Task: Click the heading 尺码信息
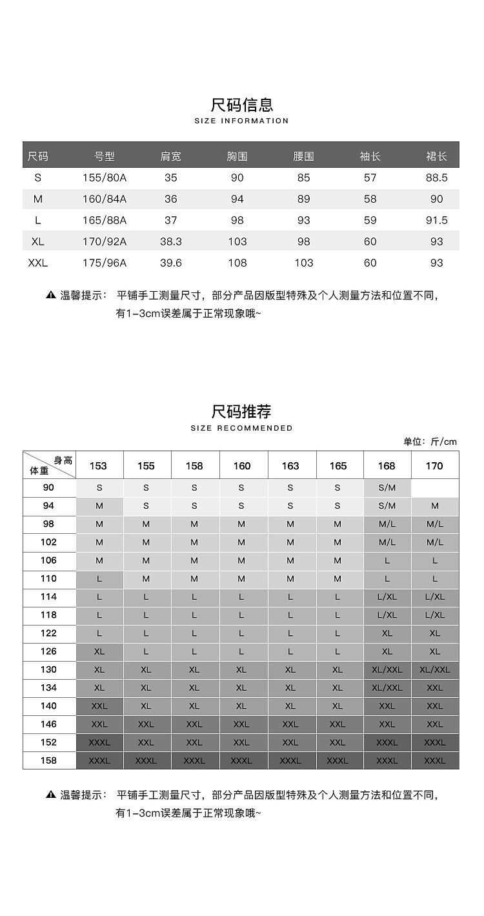coord(242,104)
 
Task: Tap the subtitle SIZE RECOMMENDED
coord(242,428)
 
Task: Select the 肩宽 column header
coord(170,156)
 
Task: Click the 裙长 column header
coord(436,156)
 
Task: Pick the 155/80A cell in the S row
coord(105,178)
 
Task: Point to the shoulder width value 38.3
coord(170,241)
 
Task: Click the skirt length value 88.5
coord(436,178)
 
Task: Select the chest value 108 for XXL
coord(237,263)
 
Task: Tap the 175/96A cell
coord(105,263)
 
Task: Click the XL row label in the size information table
coord(37,241)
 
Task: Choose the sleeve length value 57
coord(370,178)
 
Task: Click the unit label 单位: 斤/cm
coord(430,442)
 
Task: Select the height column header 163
coord(290,465)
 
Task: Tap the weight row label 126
coord(48,651)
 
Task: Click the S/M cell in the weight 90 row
coord(387,488)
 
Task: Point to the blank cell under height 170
coord(435,488)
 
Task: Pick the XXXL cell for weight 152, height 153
coord(99,742)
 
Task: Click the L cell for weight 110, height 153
coord(99,579)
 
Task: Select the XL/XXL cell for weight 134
coord(387,688)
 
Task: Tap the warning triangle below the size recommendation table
coord(51,795)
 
